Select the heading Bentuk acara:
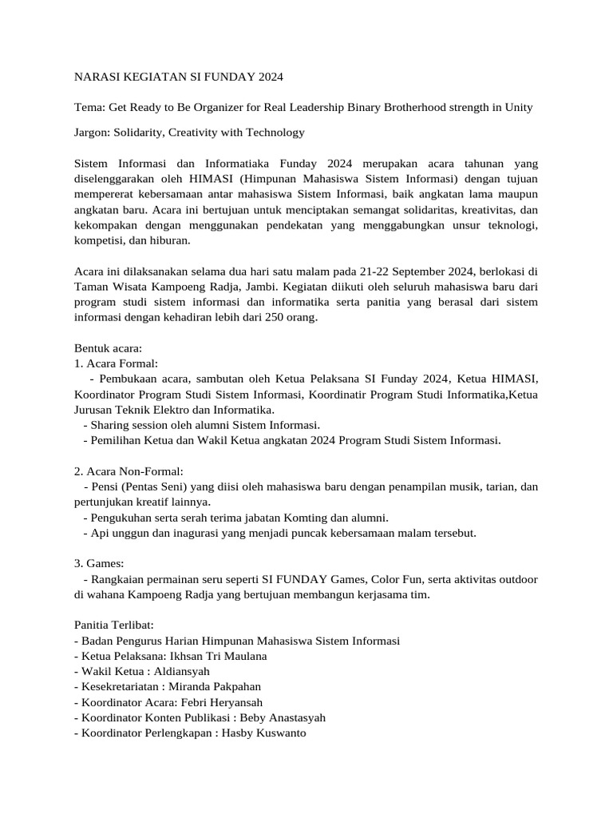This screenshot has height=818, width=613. (x=108, y=349)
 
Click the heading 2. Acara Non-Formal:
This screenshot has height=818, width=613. (x=129, y=471)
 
